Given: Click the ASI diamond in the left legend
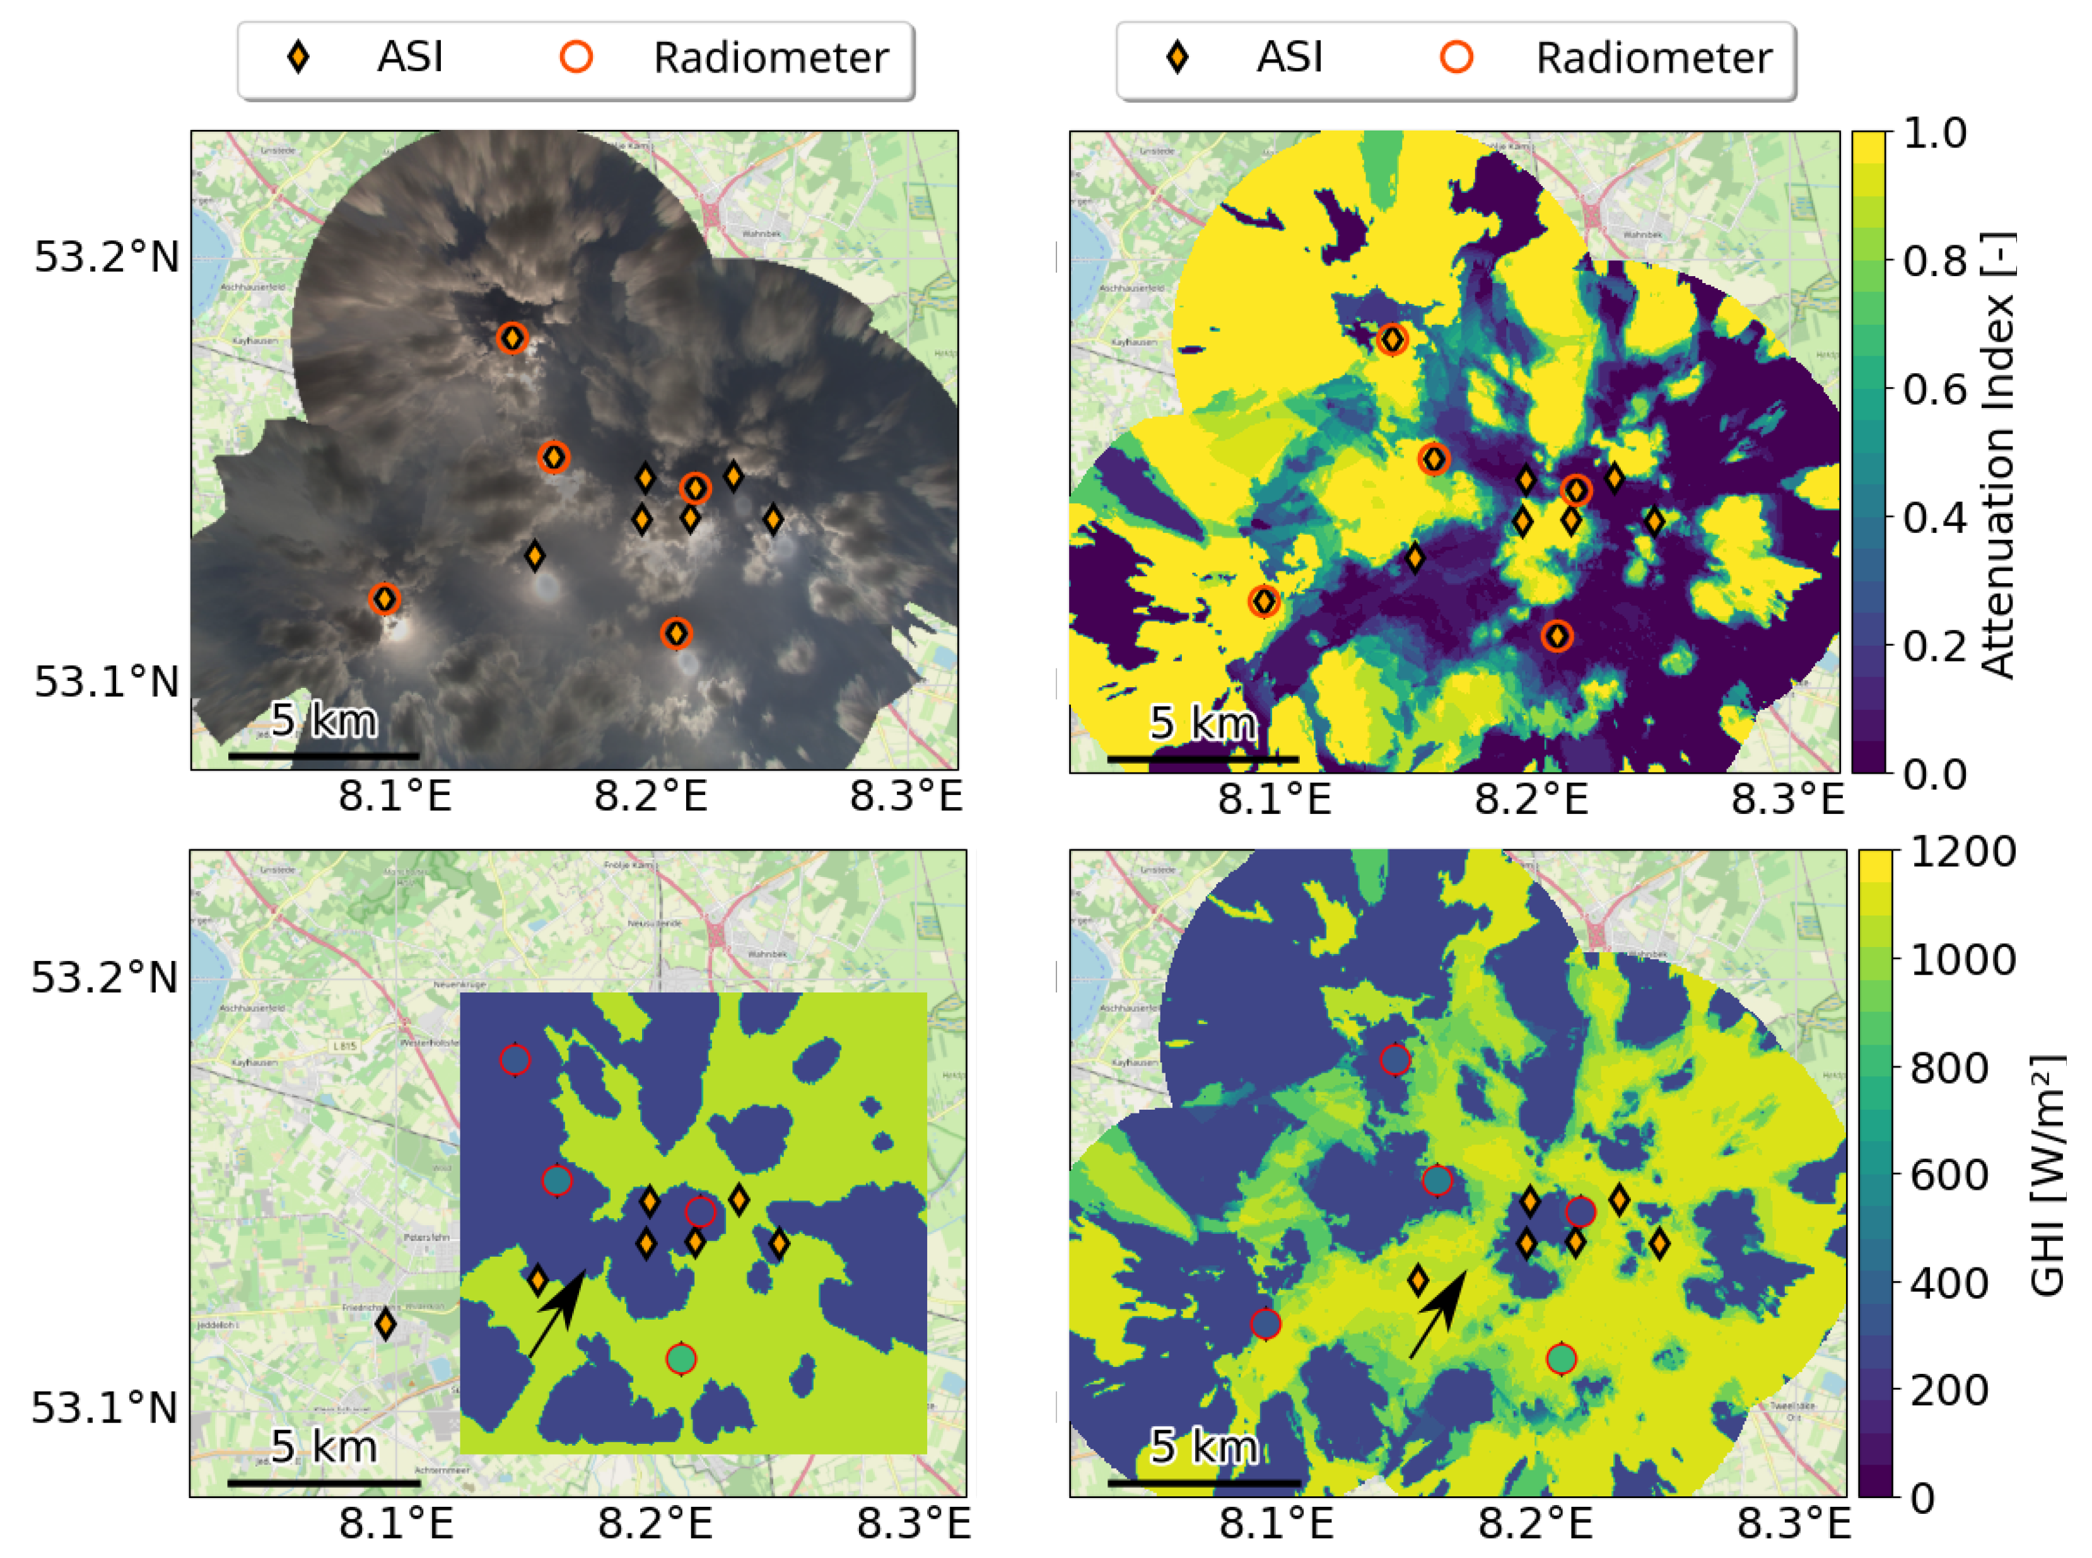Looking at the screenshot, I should [298, 57].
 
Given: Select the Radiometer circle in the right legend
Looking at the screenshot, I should [1456, 57].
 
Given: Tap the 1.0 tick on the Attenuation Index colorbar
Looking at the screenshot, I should [1934, 133].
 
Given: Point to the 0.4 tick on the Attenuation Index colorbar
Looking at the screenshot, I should [1934, 517].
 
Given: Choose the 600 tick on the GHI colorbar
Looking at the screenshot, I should [1949, 1175].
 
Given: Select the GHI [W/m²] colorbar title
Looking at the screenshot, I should [2047, 1175].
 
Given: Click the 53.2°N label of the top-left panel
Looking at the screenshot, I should [107, 257].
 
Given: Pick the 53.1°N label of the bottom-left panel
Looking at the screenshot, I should [105, 1408].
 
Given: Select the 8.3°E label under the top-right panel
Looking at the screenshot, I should [1785, 799].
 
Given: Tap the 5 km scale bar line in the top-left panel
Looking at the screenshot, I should [324, 755].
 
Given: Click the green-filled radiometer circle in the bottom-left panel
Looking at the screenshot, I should [681, 1359].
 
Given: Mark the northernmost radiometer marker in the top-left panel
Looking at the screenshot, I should [512, 337].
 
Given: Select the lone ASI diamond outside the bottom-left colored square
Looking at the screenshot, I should [385, 1324].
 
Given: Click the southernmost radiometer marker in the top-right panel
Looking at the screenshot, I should [1557, 637].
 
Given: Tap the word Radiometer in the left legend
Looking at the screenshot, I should [771, 57].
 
